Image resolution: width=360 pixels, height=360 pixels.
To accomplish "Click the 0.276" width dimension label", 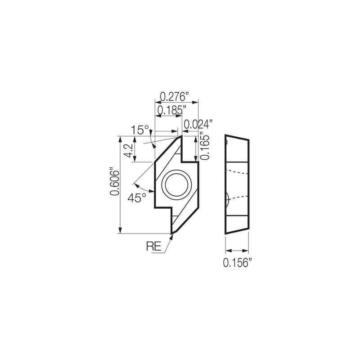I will click(x=174, y=96).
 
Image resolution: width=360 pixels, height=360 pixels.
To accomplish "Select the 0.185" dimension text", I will click(x=171, y=110).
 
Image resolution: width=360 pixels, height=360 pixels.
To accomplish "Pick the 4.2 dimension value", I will click(x=129, y=150).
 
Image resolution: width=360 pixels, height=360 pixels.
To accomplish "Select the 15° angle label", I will click(x=139, y=130).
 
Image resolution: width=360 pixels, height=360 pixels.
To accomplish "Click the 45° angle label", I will click(x=137, y=198).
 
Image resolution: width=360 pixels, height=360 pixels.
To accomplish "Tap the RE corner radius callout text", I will click(x=154, y=246).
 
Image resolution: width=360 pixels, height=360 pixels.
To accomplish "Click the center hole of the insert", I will click(x=177, y=184).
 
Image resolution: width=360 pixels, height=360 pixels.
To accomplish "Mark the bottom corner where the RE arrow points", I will click(x=173, y=233).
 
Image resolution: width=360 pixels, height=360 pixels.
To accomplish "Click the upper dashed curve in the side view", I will click(x=237, y=171).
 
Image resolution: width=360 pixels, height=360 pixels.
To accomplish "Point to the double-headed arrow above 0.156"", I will click(x=237, y=251).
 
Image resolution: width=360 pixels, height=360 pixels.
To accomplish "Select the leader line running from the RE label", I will click(x=167, y=245).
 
